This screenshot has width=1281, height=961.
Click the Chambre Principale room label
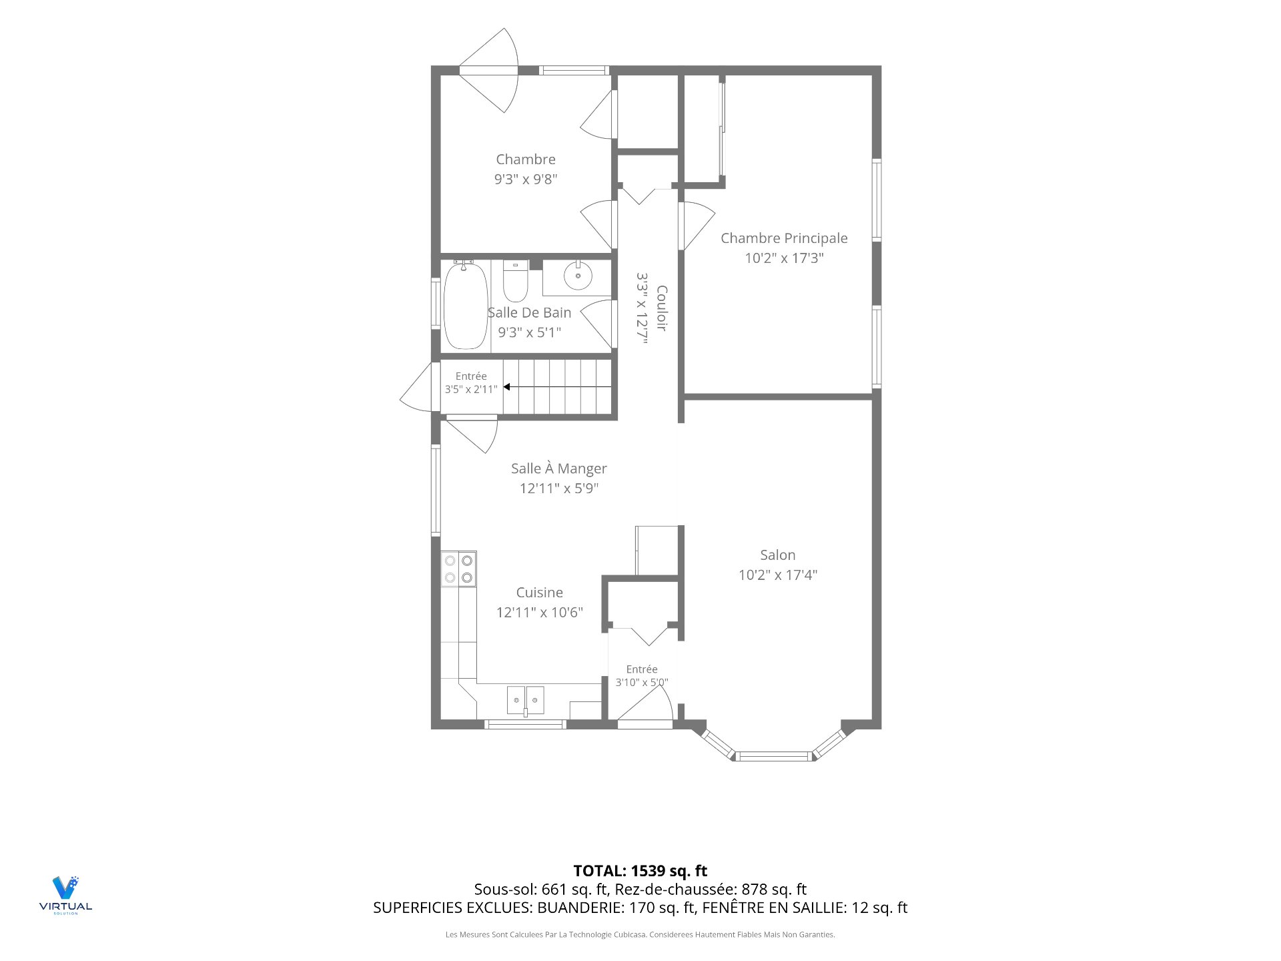(784, 238)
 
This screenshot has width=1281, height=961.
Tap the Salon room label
(777, 555)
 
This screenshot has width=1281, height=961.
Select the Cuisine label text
(539, 593)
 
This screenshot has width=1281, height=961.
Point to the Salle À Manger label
(559, 468)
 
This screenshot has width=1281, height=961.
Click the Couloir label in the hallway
(662, 308)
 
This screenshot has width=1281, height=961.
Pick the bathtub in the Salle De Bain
(466, 305)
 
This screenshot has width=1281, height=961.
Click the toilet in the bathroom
(515, 281)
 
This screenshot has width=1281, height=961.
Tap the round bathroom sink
(577, 275)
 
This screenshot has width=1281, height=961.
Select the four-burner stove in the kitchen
(458, 569)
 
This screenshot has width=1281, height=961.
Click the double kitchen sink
(525, 701)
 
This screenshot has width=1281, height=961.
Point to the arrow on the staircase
(557, 387)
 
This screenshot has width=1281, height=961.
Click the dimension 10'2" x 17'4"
(777, 575)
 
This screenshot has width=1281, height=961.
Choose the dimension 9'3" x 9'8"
(525, 179)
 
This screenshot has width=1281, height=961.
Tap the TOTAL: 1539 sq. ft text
(640, 871)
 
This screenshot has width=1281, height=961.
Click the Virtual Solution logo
(65, 895)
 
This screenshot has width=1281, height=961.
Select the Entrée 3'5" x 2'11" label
(471, 382)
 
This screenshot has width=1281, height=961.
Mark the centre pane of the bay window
(774, 756)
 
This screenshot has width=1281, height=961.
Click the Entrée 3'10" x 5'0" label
(642, 675)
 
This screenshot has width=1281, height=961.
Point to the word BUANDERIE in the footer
(579, 908)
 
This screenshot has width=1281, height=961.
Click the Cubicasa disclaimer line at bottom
(640, 935)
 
